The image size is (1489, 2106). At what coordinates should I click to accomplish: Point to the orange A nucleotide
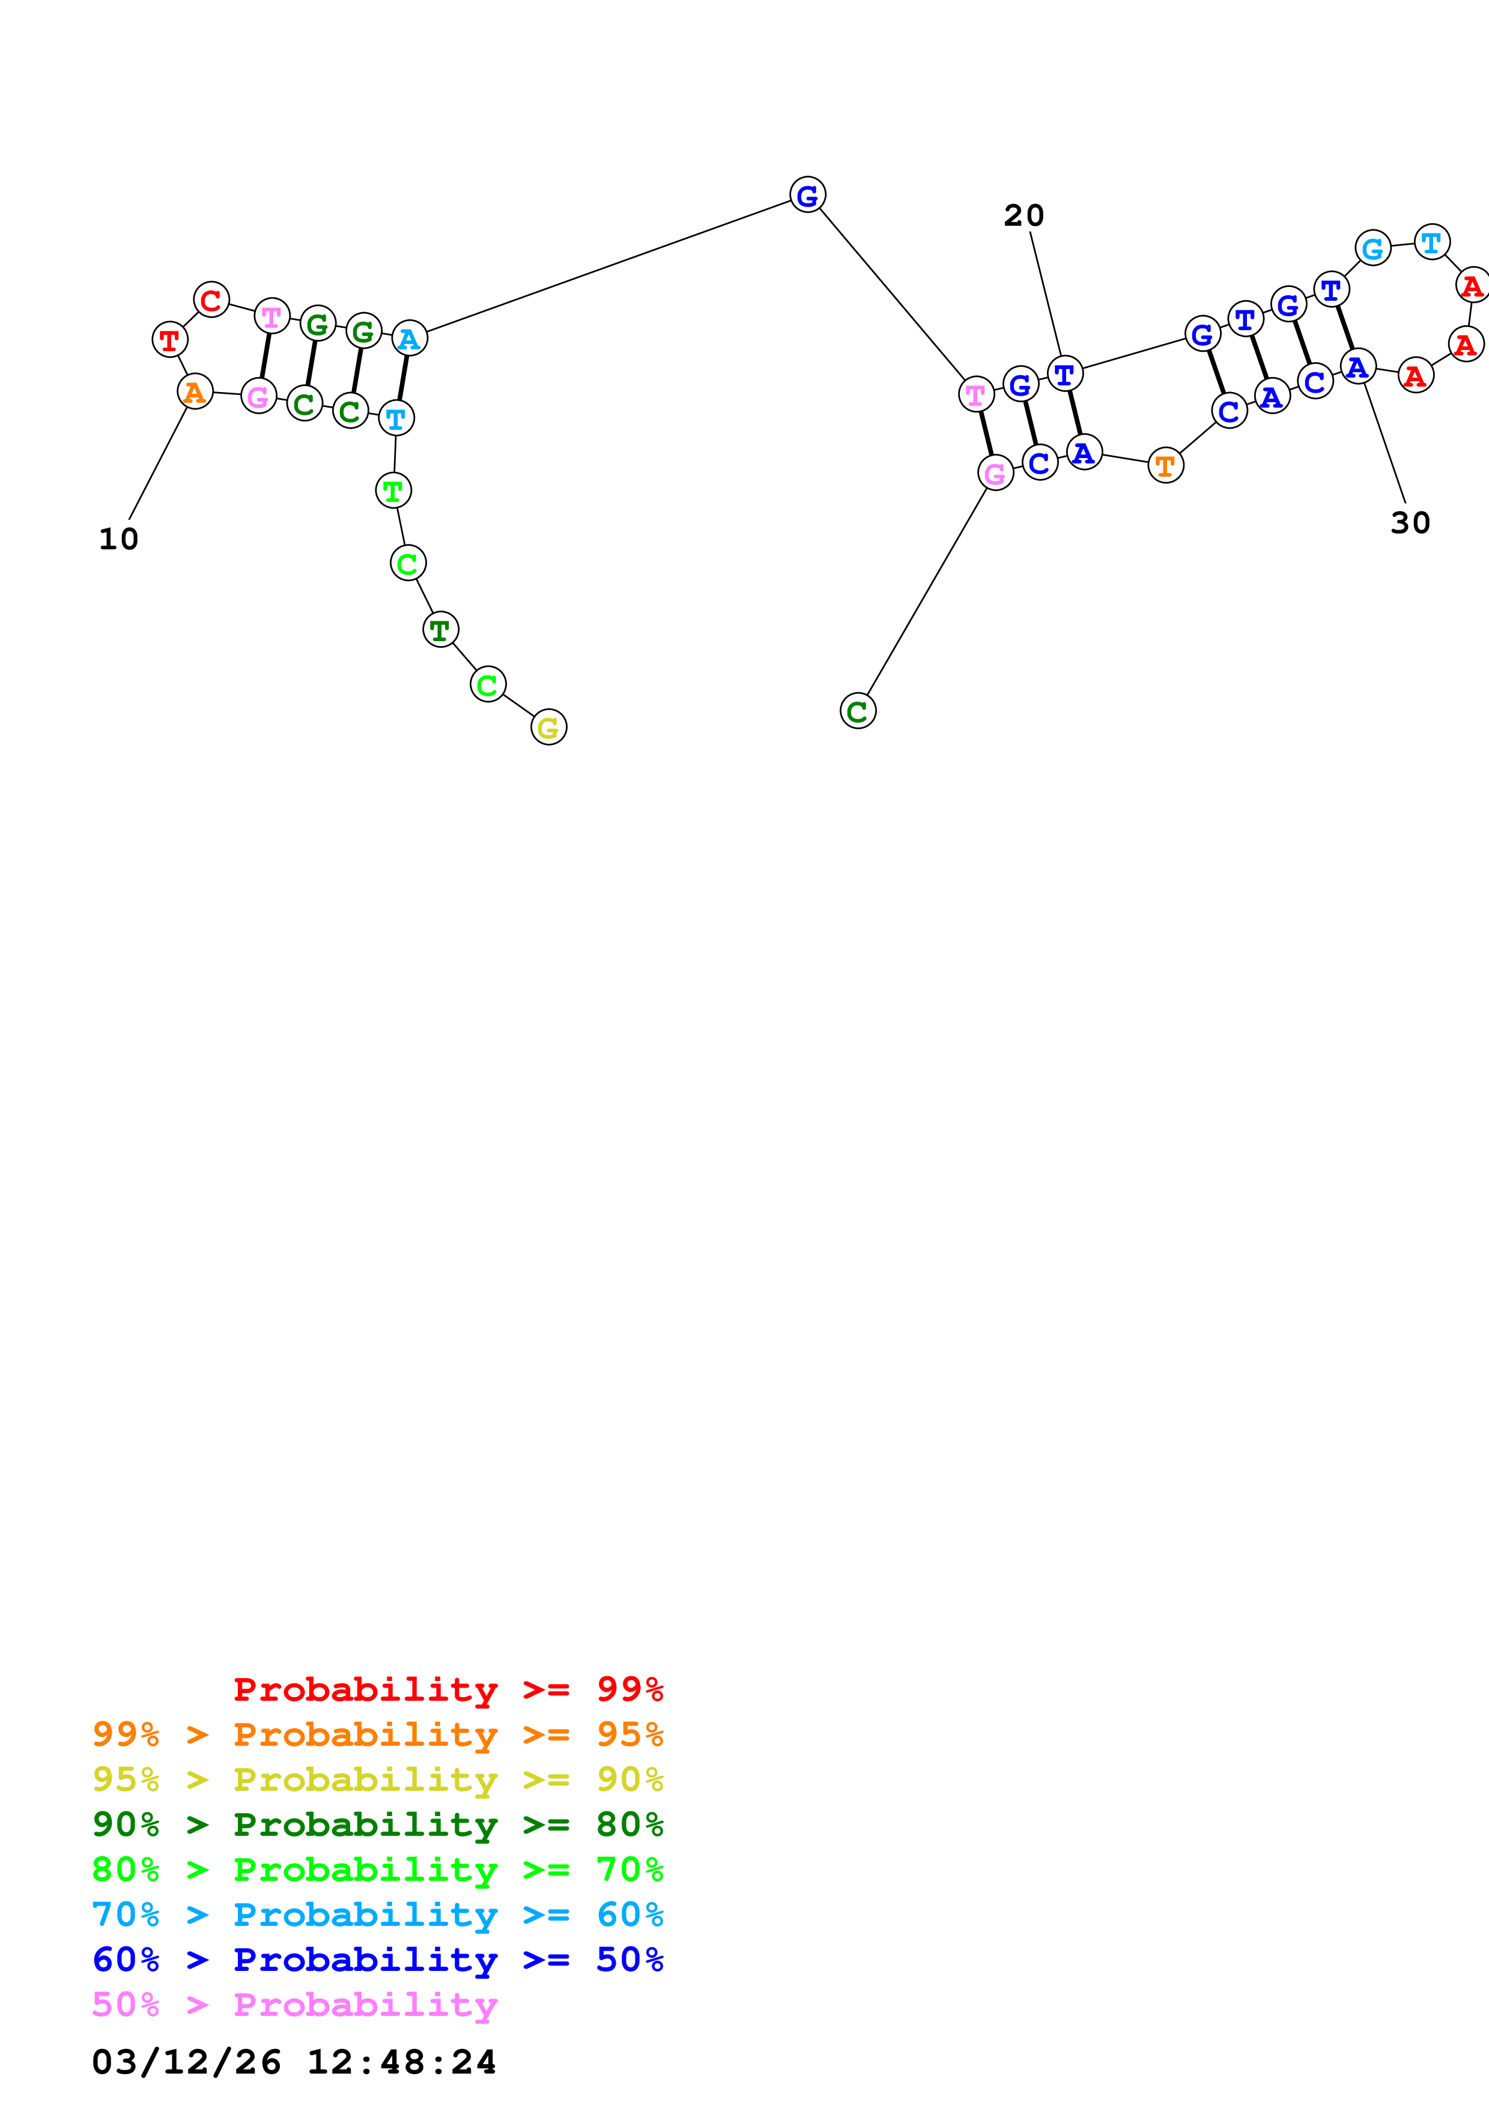tap(195, 391)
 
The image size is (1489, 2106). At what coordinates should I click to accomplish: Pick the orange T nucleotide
tap(1165, 465)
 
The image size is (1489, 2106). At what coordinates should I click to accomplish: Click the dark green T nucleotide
tap(440, 629)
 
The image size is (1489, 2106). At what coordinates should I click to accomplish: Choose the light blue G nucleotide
tap(1372, 248)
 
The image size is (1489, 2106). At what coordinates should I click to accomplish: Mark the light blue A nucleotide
tap(409, 339)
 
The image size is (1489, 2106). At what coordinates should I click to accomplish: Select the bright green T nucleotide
tap(393, 490)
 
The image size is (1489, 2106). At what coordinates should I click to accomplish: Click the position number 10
tap(118, 539)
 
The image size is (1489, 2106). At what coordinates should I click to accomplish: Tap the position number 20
tap(1024, 216)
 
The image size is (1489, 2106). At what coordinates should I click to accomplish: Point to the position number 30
tap(1410, 523)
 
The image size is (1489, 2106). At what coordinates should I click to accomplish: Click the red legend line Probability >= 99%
tap(447, 1689)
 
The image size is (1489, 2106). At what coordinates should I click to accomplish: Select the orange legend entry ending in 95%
tap(377, 1734)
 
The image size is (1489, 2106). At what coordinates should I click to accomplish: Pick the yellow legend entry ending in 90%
tap(377, 1779)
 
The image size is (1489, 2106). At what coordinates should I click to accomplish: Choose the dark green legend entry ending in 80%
tap(377, 1824)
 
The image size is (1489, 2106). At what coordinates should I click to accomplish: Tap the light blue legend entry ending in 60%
tap(377, 1914)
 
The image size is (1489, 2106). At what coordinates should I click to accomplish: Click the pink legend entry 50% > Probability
tap(294, 2004)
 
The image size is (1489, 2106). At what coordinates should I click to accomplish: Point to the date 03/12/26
tap(186, 2062)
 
